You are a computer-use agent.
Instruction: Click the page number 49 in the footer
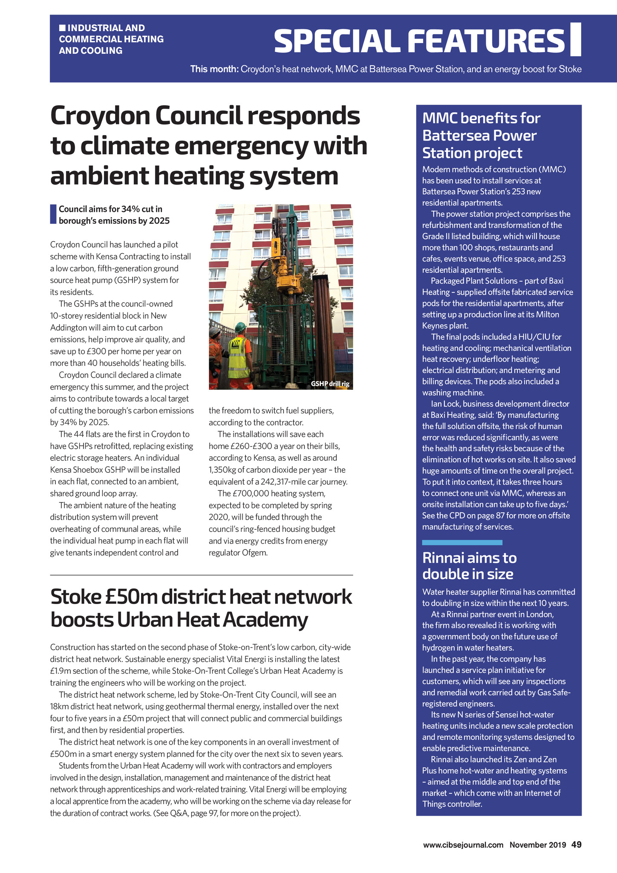tap(577, 844)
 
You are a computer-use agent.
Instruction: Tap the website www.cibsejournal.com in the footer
tap(463, 845)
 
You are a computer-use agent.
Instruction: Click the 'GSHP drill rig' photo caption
tap(330, 384)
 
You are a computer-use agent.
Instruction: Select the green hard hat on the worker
tap(241, 327)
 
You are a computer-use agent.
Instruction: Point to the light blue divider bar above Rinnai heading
tap(462, 542)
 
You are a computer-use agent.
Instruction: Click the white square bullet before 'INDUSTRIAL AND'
tap(62, 28)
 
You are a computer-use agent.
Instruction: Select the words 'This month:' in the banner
tap(214, 69)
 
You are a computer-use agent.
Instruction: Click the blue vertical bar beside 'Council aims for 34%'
tap(53, 214)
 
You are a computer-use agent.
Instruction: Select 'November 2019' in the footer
tap(538, 845)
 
